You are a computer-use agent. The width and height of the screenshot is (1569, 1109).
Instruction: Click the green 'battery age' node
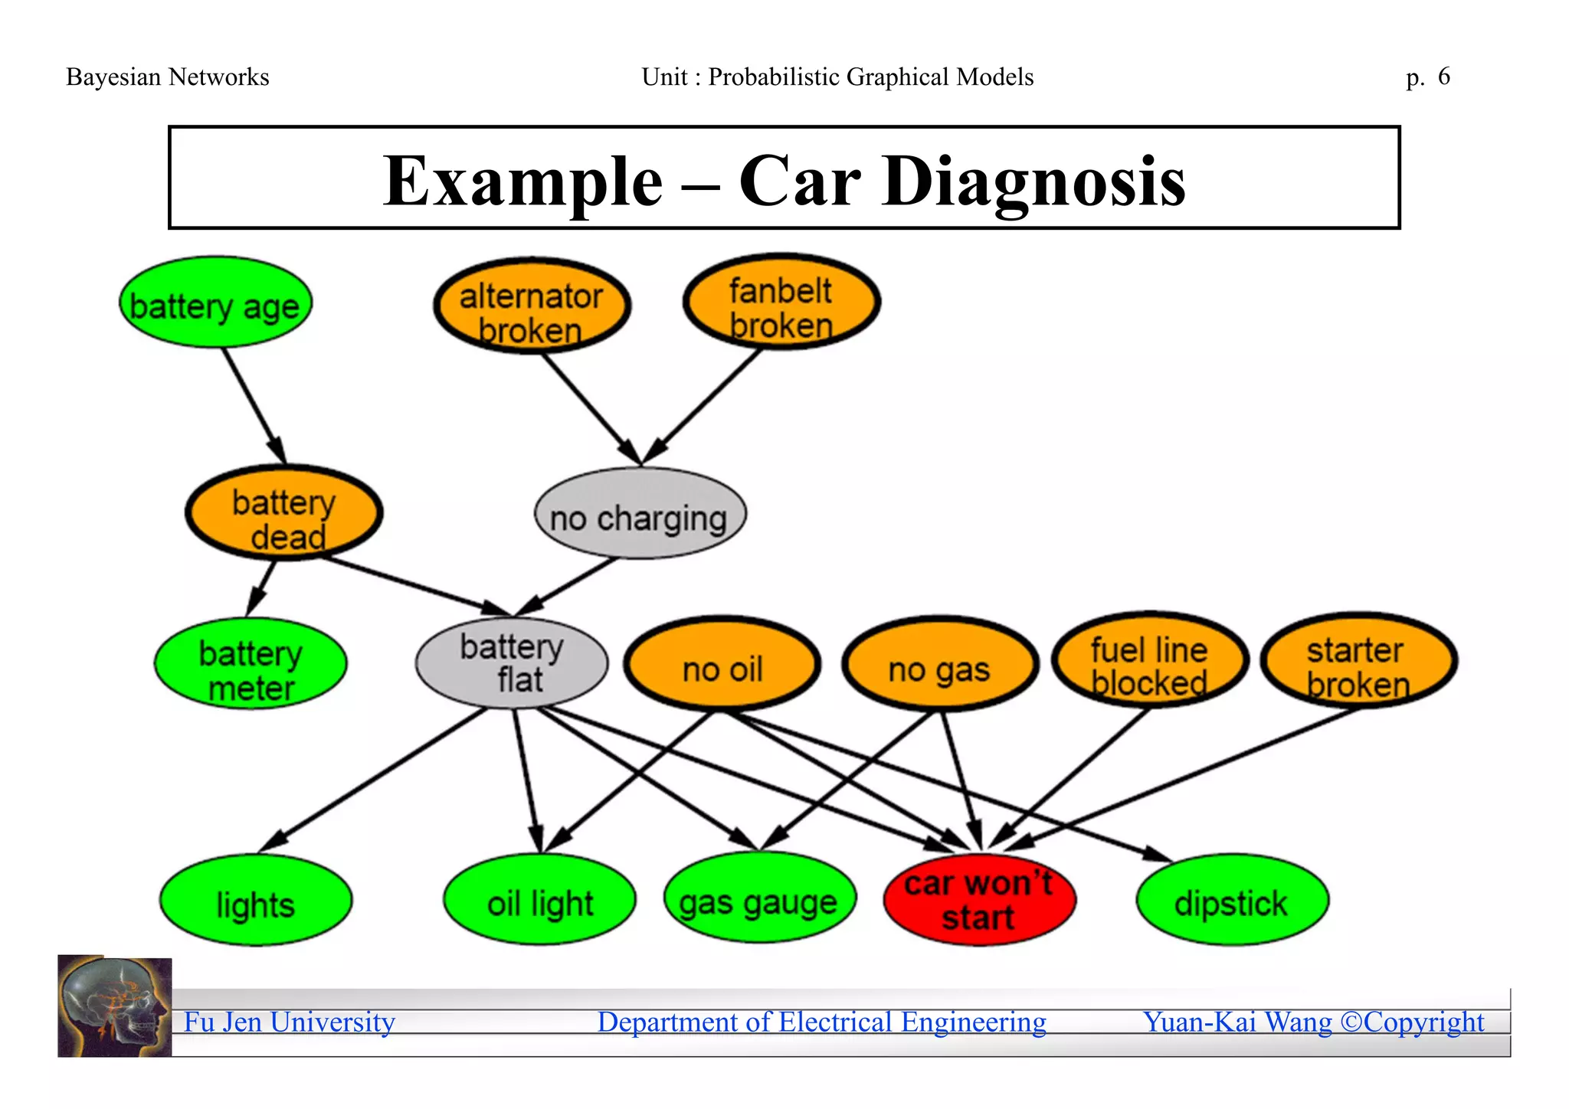pyautogui.click(x=215, y=303)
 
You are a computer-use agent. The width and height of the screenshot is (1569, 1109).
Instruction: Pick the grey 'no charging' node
pyautogui.click(x=640, y=514)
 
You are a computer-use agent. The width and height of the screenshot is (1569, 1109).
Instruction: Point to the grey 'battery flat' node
pyautogui.click(x=512, y=663)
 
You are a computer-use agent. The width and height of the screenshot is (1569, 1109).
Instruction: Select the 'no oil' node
pyautogui.click(x=722, y=664)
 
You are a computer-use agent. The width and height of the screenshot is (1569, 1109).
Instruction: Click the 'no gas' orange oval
pyautogui.click(x=940, y=664)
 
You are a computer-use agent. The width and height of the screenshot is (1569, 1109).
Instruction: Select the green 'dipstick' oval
pyautogui.click(x=1232, y=901)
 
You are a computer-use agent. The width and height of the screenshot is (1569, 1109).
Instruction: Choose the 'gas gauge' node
pyautogui.click(x=759, y=899)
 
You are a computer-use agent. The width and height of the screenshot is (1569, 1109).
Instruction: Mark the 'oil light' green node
pyautogui.click(x=540, y=900)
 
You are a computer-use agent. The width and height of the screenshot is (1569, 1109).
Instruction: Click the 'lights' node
pyautogui.click(x=256, y=901)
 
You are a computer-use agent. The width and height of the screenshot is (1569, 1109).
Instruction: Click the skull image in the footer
pyautogui.click(x=115, y=1006)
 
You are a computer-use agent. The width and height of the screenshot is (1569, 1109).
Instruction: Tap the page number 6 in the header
pyautogui.click(x=1443, y=77)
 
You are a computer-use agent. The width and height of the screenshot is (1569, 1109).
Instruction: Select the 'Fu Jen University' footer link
pyautogui.click(x=290, y=1022)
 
